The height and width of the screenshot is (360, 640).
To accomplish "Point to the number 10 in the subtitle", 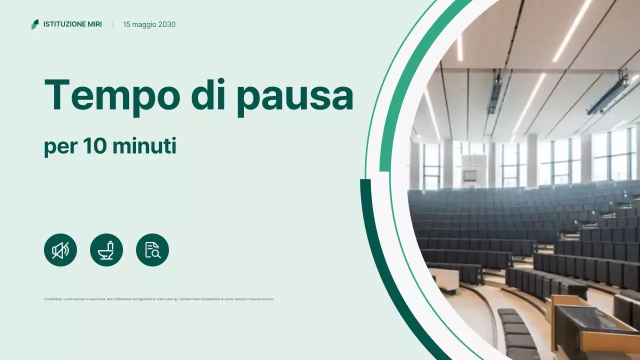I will pyautogui.click(x=93, y=147).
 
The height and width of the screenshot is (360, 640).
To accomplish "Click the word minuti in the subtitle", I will pyautogui.click(x=144, y=147).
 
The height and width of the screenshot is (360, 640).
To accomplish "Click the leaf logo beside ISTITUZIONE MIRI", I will pyautogui.click(x=34, y=24).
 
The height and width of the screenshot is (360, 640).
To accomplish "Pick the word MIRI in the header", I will pyautogui.click(x=94, y=24).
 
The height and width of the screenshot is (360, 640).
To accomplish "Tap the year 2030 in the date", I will pyautogui.click(x=166, y=24).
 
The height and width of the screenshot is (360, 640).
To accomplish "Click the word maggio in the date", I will pyautogui.click(x=144, y=24).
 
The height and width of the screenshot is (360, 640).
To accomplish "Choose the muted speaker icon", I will pyautogui.click(x=60, y=250).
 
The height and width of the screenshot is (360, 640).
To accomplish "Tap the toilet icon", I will pyautogui.click(x=106, y=250).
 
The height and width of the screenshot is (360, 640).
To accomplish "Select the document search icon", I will pyautogui.click(x=152, y=250).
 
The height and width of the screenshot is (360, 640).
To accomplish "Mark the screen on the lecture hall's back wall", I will pyautogui.click(x=469, y=175).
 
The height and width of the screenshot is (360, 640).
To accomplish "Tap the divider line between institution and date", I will pyautogui.click(x=113, y=24).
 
